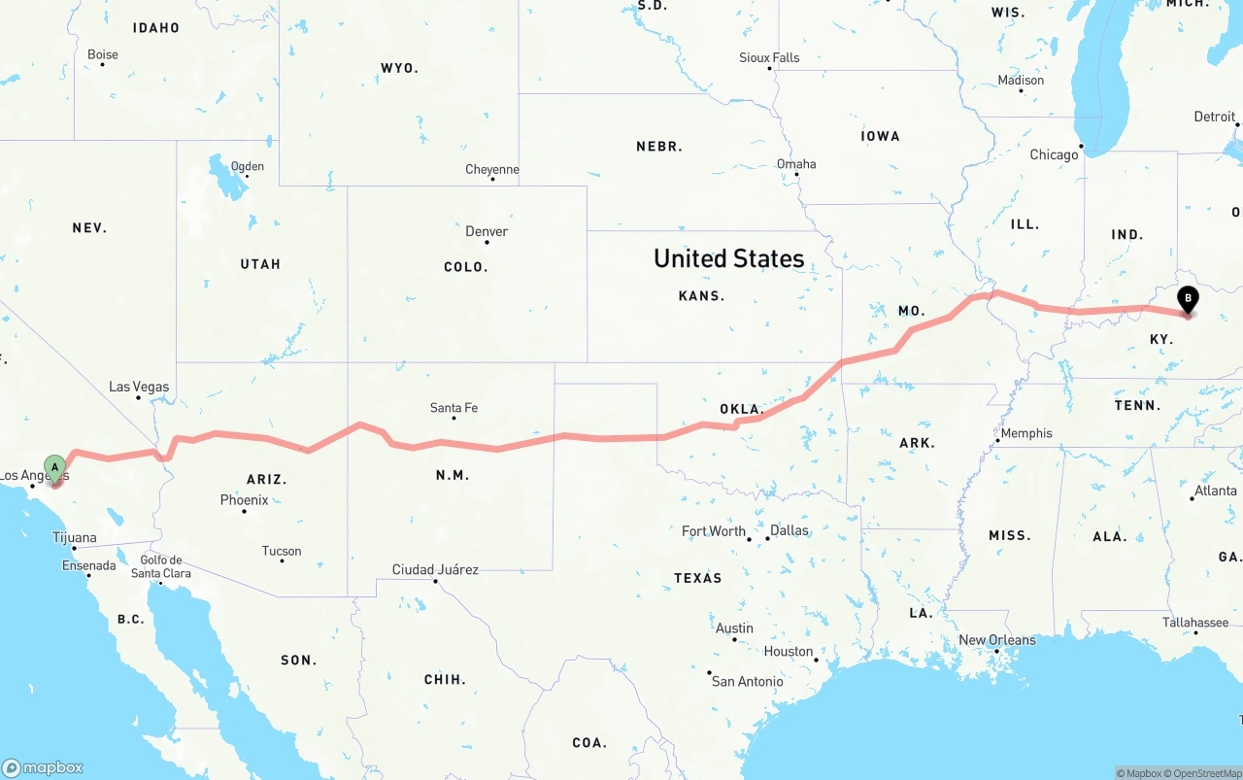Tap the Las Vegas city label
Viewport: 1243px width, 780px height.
[139, 387]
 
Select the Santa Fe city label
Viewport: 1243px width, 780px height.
[454, 408]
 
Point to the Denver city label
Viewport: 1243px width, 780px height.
[487, 231]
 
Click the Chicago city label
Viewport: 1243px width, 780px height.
[1054, 154]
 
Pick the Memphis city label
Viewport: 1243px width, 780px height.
[1025, 433]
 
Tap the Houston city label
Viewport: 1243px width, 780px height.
[788, 651]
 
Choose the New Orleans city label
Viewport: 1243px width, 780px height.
[996, 640]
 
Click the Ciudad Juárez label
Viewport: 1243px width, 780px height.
[435, 569]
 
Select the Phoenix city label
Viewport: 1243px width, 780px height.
[244, 500]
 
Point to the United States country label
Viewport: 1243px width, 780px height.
[728, 258]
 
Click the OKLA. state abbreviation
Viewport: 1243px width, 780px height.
[741, 409]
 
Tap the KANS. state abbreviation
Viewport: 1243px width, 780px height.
[701, 295]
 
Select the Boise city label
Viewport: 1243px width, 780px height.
[103, 54]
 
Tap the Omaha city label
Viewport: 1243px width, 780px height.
[796, 163]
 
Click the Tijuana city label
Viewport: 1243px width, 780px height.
[75, 537]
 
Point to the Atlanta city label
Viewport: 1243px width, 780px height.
[1215, 491]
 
